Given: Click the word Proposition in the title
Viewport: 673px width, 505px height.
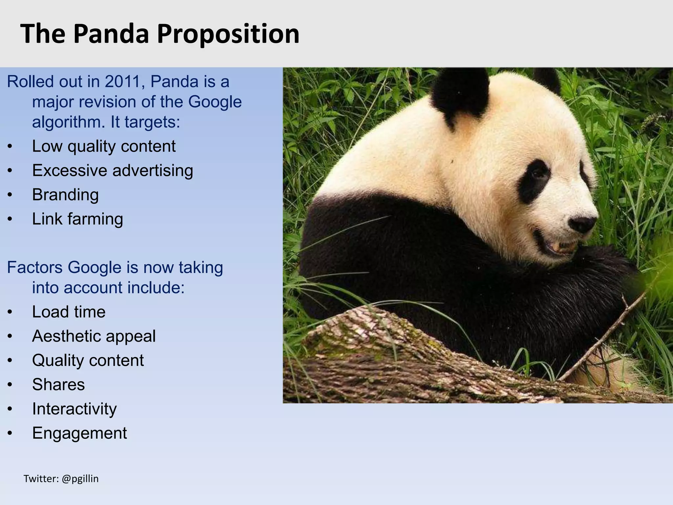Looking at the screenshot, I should [228, 34].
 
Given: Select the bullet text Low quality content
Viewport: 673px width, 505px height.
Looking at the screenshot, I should [104, 146].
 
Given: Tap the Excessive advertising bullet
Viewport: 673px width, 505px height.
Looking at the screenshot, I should [112, 170].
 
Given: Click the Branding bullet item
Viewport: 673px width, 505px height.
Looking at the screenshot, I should [65, 195].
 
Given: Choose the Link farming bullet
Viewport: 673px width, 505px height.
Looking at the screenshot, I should [77, 219].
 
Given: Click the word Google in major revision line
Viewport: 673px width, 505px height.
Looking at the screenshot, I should [215, 102].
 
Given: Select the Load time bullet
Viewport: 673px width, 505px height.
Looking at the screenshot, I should [68, 312].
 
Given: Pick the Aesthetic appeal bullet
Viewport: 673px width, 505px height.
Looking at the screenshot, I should [94, 336].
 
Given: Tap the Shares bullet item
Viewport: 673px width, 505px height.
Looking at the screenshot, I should [58, 384].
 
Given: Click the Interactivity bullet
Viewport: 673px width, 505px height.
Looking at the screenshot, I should [74, 409].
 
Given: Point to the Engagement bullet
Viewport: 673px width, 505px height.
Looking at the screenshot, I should [79, 433].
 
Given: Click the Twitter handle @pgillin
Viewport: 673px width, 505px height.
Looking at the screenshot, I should [80, 479].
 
